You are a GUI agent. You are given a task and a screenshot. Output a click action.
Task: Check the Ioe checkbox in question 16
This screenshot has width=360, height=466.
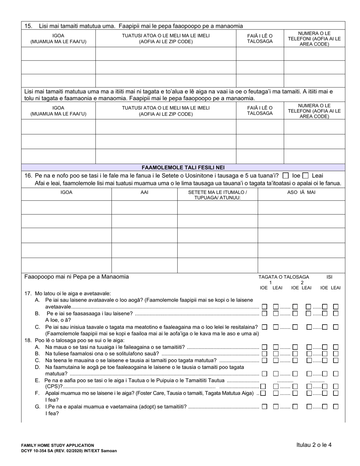click(x=286, y=175)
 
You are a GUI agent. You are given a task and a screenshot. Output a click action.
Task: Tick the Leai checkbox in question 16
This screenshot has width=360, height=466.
click(x=305, y=175)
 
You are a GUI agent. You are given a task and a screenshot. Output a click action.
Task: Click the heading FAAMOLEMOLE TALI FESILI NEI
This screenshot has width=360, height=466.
click(x=183, y=167)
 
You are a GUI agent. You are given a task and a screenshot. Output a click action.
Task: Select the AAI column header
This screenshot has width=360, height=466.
click(x=144, y=192)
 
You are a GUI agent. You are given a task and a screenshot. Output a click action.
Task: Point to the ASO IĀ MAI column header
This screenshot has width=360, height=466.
click(x=301, y=192)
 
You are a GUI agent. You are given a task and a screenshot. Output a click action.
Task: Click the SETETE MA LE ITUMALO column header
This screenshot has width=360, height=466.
click(x=218, y=195)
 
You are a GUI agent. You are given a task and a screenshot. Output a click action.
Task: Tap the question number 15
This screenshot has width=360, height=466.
click(x=28, y=26)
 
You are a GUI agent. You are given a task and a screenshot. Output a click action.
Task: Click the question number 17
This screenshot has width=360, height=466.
click(x=28, y=293)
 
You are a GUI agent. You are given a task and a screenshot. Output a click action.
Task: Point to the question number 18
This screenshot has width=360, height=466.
click(x=28, y=340)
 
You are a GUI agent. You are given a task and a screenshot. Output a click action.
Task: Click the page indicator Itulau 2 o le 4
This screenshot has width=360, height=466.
click(x=314, y=445)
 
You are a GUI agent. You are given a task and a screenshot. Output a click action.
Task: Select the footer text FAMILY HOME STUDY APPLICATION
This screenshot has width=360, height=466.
click(x=58, y=446)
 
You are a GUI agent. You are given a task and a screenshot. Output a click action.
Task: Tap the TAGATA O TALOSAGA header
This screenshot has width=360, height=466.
click(x=283, y=277)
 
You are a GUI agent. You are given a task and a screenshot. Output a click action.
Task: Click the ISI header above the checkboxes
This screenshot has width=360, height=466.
click(x=329, y=277)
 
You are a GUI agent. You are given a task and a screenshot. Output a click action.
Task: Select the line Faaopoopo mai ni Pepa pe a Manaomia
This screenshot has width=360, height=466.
click(x=77, y=277)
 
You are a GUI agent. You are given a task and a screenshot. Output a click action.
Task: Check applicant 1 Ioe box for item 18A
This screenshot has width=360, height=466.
click(x=265, y=347)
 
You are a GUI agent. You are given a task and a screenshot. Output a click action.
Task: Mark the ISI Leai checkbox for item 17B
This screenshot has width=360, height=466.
click(x=335, y=313)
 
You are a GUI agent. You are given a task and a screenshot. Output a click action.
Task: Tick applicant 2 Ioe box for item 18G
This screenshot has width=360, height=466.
click(x=295, y=407)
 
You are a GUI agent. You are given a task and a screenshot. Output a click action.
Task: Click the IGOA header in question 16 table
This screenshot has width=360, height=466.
click(x=66, y=192)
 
